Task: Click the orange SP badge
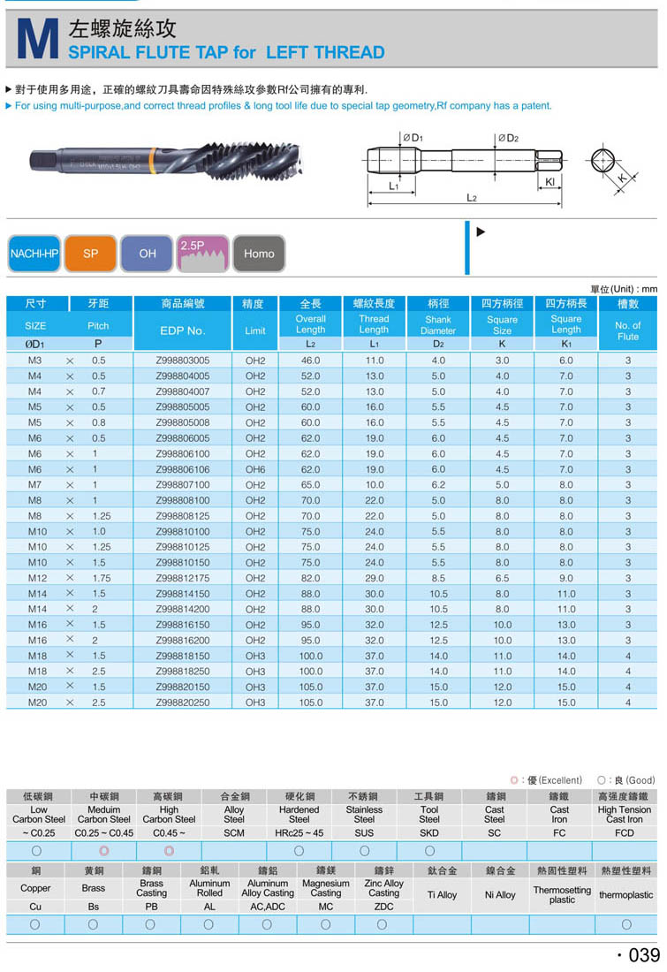pos(91,254)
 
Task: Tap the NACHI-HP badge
pos(34,254)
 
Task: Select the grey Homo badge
pos(259,254)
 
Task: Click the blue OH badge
pos(148,254)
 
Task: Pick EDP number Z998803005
pos(183,361)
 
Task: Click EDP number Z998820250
pos(183,702)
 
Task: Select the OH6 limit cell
pos(255,469)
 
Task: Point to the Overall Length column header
pos(310,324)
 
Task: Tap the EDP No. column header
pos(183,330)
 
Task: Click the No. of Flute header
pos(628,330)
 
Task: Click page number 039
pos(639,955)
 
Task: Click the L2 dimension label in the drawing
pos(471,198)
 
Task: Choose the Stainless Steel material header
pos(364,814)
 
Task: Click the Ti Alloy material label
pos(442,895)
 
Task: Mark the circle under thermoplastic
pos(626,924)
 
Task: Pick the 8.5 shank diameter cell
pos(438,578)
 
